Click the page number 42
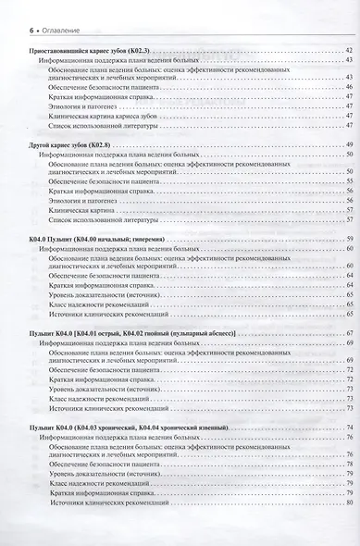coord(347,48)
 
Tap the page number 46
coord(347,86)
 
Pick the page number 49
coord(347,147)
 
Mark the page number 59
coord(347,240)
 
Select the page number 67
coord(347,332)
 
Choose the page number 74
coord(347,426)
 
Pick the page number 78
coord(347,464)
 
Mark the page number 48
coord(347,128)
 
